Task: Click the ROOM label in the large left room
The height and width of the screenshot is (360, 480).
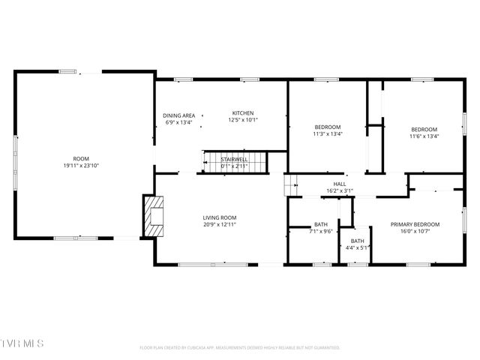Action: click(81, 158)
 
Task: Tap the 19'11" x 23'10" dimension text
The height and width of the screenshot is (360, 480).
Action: click(81, 166)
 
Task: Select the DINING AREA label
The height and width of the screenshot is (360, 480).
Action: click(179, 115)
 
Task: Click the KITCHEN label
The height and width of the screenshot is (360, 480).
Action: click(242, 112)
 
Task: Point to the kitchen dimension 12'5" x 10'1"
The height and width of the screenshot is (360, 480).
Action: click(242, 120)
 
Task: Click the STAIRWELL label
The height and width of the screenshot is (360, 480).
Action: click(234, 159)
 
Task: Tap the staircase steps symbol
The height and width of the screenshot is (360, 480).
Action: click(234, 162)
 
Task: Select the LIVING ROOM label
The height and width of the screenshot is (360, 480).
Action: click(219, 217)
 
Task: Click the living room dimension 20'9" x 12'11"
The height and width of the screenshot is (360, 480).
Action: click(219, 225)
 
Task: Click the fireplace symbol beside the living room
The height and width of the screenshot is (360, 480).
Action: click(153, 214)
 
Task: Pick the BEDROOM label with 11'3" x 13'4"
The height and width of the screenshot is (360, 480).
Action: click(328, 127)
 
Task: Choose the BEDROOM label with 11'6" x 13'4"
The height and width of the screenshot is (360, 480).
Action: click(424, 129)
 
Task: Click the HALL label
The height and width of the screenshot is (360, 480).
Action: click(340, 184)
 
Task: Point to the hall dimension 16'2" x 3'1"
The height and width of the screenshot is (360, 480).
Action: click(340, 191)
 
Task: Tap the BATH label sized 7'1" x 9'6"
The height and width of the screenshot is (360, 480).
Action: click(321, 224)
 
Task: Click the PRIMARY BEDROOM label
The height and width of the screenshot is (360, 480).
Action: click(415, 224)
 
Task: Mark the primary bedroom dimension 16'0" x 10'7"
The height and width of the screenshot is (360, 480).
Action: click(415, 232)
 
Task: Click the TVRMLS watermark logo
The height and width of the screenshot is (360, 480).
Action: click(22, 343)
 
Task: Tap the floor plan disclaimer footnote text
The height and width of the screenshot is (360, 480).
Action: click(240, 347)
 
